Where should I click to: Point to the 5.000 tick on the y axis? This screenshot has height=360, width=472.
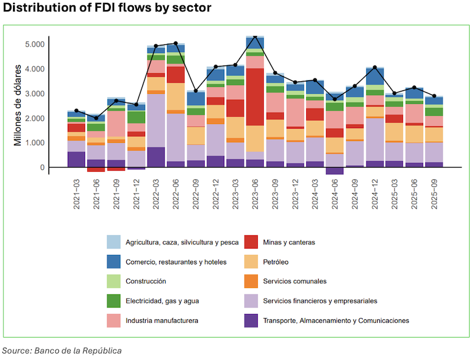34,44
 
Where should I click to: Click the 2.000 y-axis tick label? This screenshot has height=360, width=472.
34,119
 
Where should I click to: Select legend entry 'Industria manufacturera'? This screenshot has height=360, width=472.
161,320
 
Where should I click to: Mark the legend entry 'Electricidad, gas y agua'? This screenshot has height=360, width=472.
161,301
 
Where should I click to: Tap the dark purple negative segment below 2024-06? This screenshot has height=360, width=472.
335,171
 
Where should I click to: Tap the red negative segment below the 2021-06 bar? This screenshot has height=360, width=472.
96,170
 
